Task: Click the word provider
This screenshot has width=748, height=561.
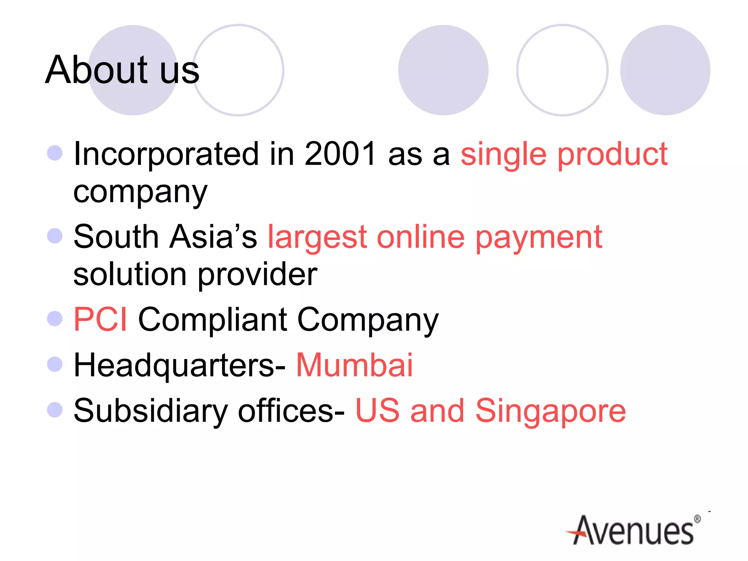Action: [x=257, y=275]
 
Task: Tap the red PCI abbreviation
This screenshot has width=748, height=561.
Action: [x=100, y=319]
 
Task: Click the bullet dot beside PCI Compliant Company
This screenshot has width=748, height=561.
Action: [x=55, y=318]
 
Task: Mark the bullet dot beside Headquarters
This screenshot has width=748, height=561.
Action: [x=55, y=364]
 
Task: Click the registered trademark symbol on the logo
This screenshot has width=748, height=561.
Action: [x=697, y=519]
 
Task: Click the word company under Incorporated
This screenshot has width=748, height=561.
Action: [x=140, y=192]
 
